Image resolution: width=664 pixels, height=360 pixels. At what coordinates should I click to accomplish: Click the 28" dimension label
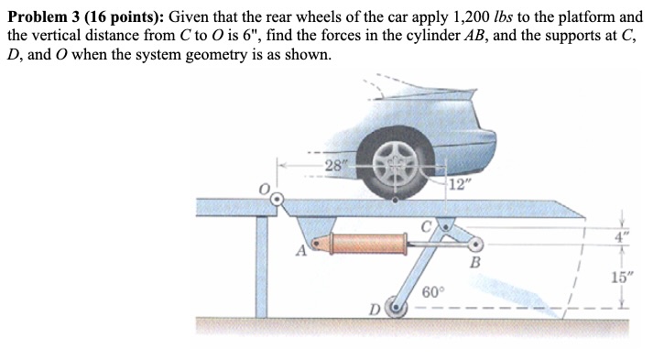point(336,166)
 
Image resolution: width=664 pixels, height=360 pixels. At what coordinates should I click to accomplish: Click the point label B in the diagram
point(474,265)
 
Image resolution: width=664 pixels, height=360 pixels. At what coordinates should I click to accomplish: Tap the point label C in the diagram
point(427,224)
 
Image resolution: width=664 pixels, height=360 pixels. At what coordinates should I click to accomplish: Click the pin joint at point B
point(474,244)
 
